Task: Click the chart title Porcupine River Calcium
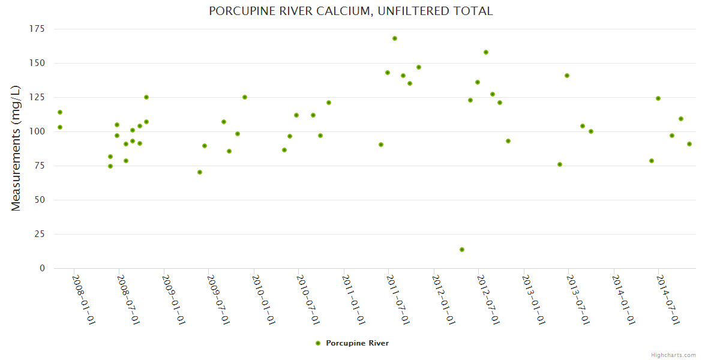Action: [351, 11]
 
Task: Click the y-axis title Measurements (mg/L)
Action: [16, 148]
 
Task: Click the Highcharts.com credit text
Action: [673, 355]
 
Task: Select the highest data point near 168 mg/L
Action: [395, 38]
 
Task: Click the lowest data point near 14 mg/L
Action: [462, 250]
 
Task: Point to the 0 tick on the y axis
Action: [42, 268]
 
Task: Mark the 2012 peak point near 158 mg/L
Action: [486, 52]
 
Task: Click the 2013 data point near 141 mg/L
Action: [567, 76]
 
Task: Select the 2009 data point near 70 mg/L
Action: [200, 172]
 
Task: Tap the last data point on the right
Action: [689, 144]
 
